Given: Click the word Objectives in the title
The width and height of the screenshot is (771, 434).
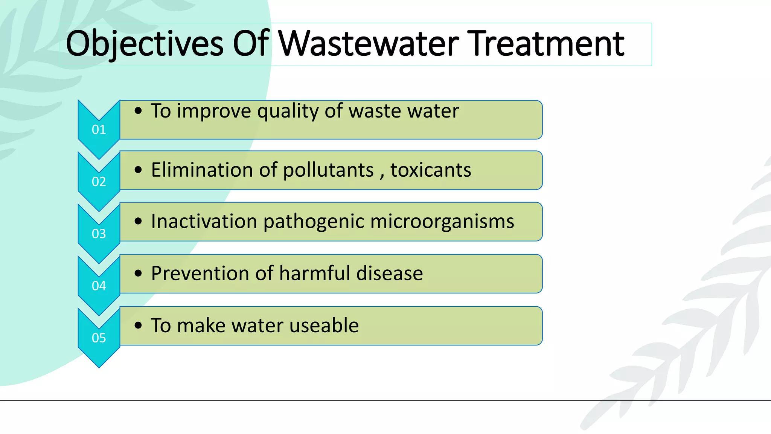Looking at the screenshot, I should [145, 44].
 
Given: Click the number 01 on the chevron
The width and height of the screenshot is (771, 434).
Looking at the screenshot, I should [99, 130].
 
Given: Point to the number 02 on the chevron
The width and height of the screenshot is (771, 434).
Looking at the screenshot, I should [99, 182].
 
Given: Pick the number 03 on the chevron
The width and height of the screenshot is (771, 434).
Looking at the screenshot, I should [99, 234].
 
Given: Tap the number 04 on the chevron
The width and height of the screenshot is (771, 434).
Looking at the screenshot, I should [99, 286].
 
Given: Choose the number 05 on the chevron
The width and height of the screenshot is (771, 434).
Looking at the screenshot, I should [99, 338].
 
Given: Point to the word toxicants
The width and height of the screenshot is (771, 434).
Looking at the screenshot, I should [431, 170].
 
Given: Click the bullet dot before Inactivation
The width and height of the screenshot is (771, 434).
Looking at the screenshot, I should [138, 222].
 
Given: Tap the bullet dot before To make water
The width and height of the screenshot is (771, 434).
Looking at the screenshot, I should [138, 325].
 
